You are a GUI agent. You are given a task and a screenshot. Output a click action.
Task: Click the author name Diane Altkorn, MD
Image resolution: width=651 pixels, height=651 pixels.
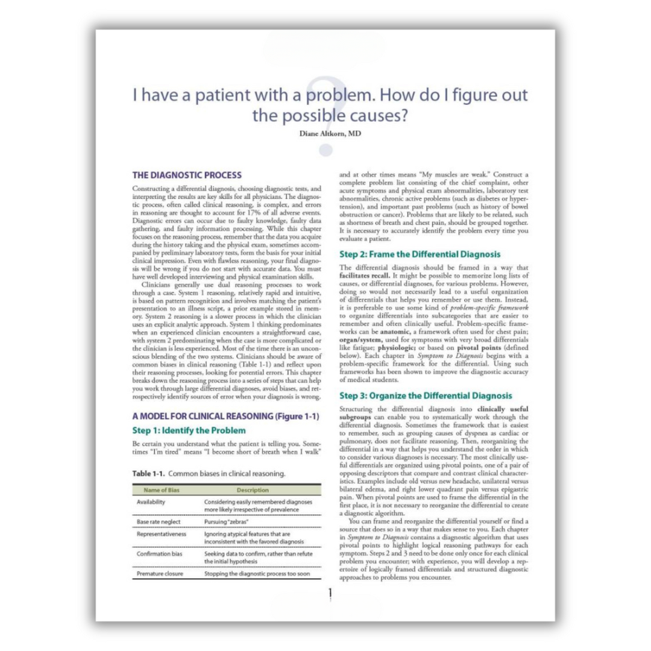coord(330,133)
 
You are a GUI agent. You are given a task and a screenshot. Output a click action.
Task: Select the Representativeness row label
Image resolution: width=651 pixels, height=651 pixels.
coord(162,533)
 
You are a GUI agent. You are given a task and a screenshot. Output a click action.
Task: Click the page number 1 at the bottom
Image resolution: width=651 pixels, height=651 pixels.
coord(330,594)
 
